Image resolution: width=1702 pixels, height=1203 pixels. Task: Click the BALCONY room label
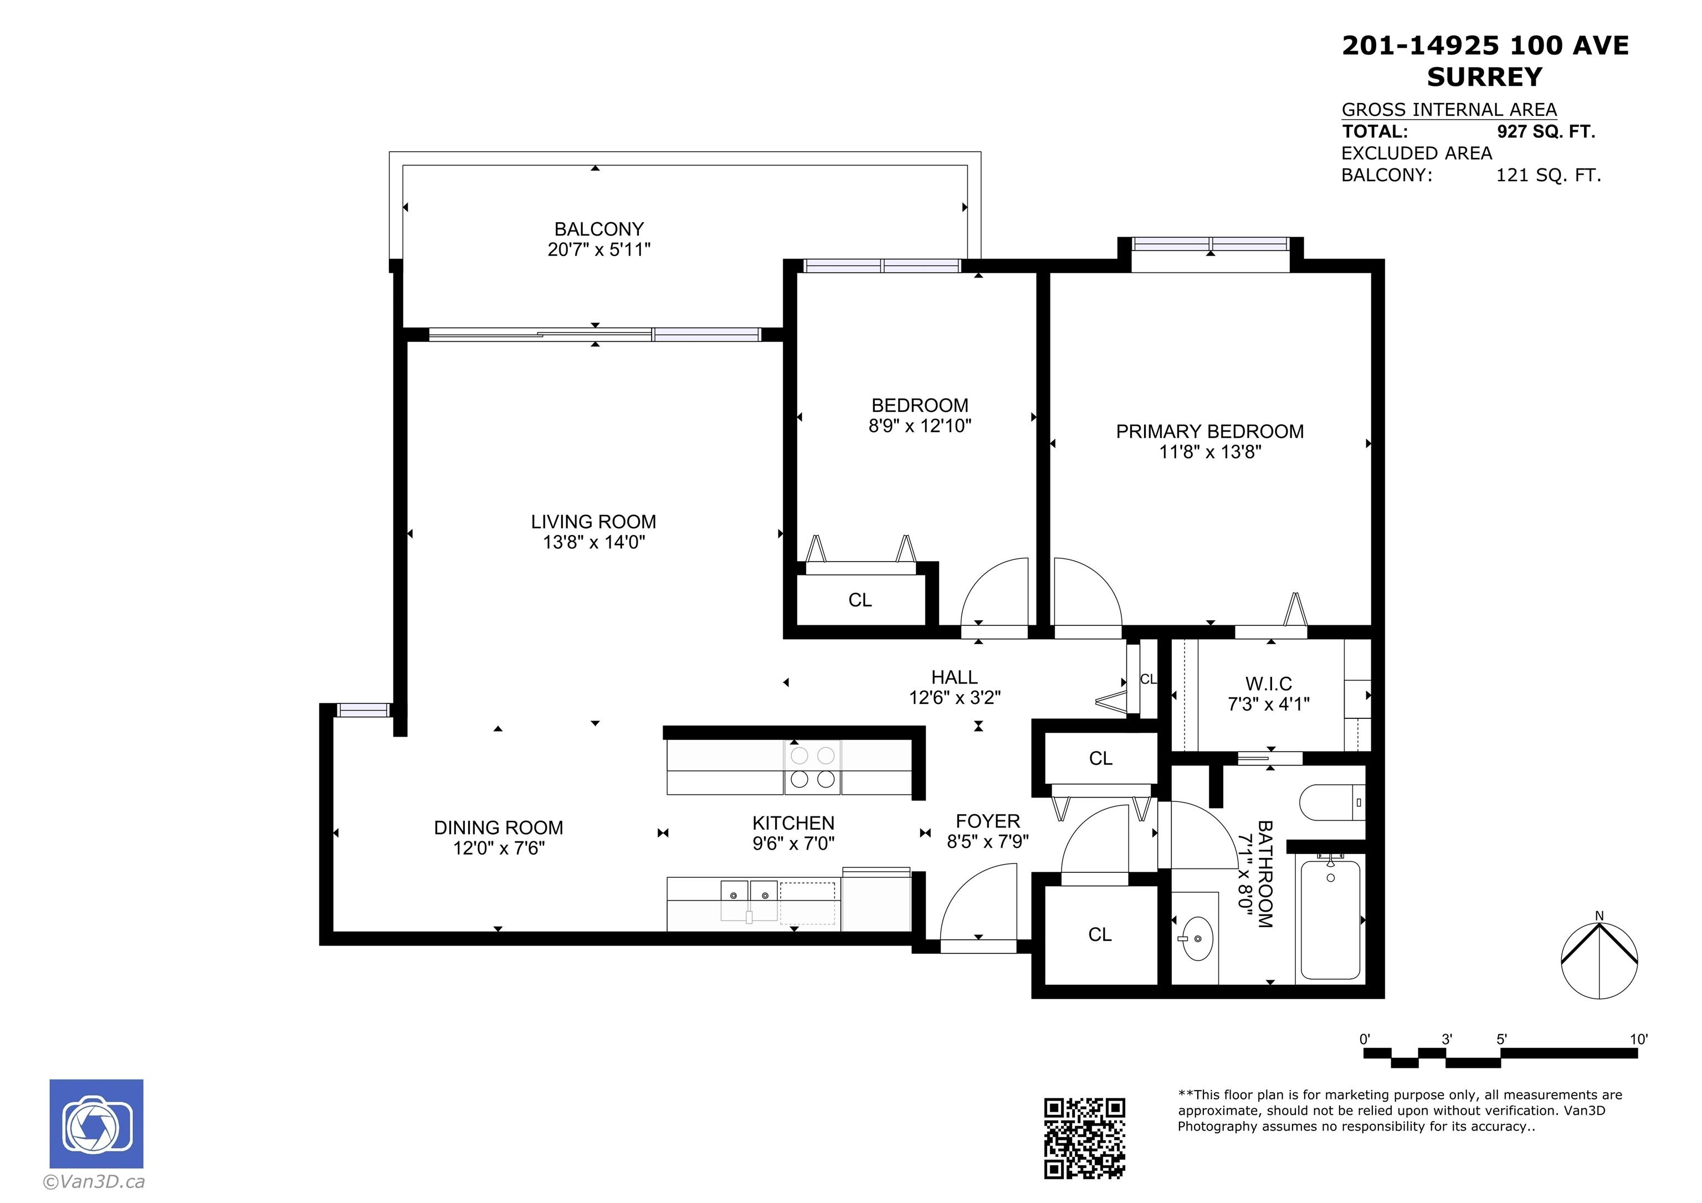tap(599, 229)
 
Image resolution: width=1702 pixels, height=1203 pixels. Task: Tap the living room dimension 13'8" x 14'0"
tap(594, 542)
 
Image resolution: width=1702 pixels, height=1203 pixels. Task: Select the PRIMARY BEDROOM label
tap(1210, 431)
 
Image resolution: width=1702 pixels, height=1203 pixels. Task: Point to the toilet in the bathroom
tap(1332, 802)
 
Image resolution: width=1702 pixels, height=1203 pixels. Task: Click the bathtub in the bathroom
tap(1331, 920)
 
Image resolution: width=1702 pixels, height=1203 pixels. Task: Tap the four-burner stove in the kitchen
tap(812, 767)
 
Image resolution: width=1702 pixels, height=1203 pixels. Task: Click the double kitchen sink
tap(750, 900)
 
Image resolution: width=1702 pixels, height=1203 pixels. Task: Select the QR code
tap(1084, 1138)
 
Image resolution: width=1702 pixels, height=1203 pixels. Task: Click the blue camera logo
tap(96, 1124)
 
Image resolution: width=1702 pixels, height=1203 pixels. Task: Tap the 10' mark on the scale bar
tap(1638, 1039)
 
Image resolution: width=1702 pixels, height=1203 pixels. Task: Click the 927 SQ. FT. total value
tap(1546, 132)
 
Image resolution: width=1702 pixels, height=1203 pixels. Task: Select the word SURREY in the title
tap(1484, 77)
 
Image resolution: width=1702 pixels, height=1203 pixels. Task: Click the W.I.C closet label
tap(1268, 683)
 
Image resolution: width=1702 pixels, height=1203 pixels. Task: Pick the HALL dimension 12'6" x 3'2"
tap(955, 697)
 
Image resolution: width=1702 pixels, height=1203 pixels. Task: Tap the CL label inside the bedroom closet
tap(860, 600)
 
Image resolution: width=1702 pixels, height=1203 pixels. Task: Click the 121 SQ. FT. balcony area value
tap(1549, 176)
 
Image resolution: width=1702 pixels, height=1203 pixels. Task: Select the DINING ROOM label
tap(498, 827)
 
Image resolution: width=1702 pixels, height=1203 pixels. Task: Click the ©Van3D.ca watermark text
tap(94, 1181)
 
